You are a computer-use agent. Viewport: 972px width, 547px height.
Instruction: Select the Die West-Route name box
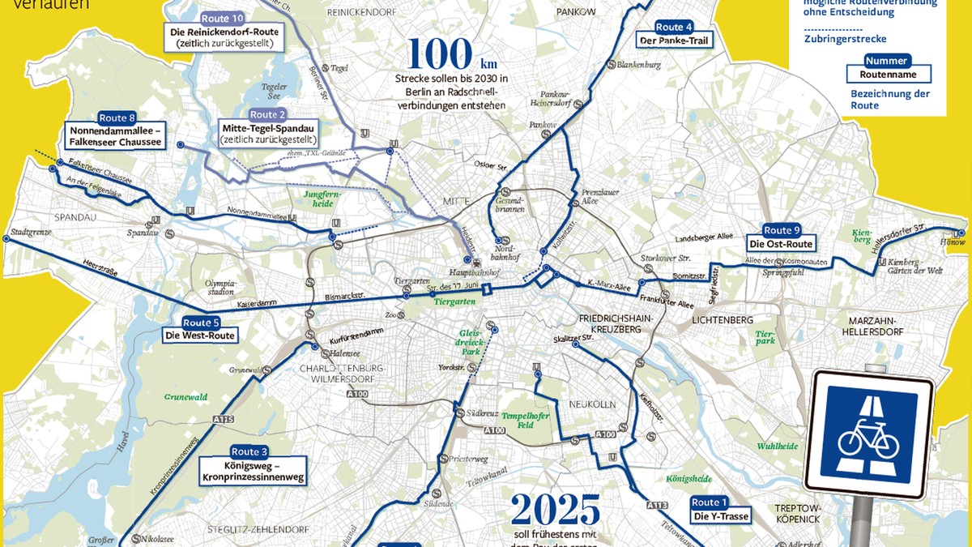(x=199, y=335)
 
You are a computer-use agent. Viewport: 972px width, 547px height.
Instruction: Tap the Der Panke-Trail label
(x=675, y=40)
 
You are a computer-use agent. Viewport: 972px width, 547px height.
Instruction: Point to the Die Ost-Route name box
(x=780, y=244)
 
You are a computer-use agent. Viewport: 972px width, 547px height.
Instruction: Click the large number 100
(x=441, y=54)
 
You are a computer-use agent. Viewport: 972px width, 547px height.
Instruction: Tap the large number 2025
(x=556, y=511)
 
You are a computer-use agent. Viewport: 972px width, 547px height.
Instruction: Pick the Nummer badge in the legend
(x=886, y=61)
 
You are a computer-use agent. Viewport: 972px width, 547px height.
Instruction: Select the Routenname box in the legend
(x=888, y=75)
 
